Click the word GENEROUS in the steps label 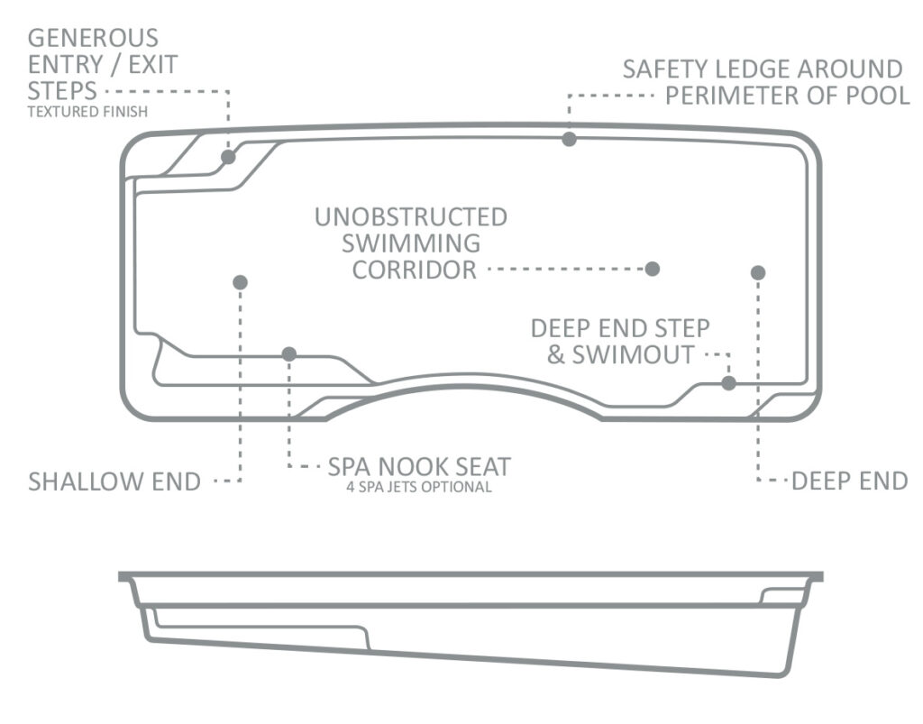pos(93,38)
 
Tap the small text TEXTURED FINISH pos(87,112)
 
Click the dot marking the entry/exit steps pos(228,157)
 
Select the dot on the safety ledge pos(569,139)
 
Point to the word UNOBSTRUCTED pos(411,217)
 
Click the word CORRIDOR pos(415,270)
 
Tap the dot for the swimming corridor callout pos(653,269)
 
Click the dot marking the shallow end pos(240,282)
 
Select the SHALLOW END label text pos(114,481)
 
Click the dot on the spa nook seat pos(289,354)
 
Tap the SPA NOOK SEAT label pos(419,467)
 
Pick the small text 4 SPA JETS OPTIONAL pos(419,488)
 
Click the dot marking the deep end pos(758,272)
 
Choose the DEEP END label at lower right pos(850,481)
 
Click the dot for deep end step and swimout pos(728,383)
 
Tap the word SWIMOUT pos(634,355)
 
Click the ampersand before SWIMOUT pos(555,355)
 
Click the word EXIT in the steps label pos(153,65)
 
